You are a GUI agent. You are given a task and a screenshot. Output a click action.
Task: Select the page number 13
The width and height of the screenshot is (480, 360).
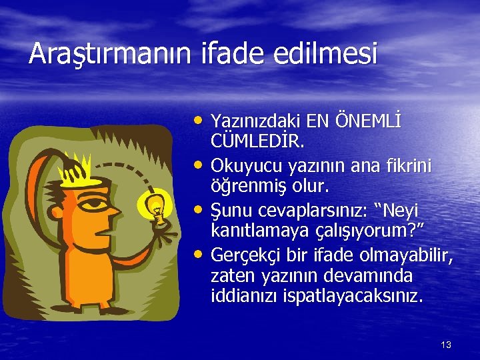[446, 345]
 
